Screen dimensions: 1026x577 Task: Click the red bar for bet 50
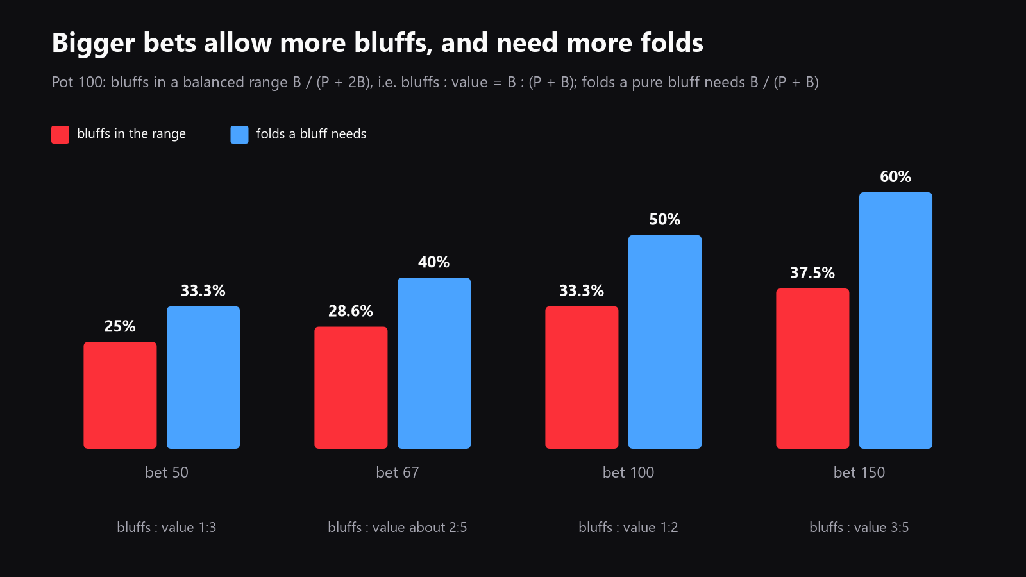click(120, 395)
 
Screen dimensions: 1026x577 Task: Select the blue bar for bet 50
click(203, 378)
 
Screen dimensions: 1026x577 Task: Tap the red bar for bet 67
click(351, 387)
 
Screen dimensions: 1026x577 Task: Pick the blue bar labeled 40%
click(433, 363)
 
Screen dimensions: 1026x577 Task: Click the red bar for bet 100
click(582, 378)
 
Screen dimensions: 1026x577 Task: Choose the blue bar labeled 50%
click(664, 342)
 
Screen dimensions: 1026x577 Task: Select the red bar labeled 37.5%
click(812, 369)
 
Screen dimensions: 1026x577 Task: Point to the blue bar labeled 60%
click(895, 321)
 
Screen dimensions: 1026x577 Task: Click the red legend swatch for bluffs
click(60, 134)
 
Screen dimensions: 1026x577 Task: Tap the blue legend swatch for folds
click(240, 134)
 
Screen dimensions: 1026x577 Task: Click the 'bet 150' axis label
click(859, 472)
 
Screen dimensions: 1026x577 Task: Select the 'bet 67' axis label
click(397, 472)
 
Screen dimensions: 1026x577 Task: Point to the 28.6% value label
click(351, 312)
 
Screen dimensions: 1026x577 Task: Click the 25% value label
click(120, 326)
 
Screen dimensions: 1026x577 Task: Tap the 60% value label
click(895, 177)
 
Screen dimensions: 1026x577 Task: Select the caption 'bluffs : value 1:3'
click(166, 527)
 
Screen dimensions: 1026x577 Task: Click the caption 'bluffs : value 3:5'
click(859, 527)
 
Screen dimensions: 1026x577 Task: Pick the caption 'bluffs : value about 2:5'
click(397, 527)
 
